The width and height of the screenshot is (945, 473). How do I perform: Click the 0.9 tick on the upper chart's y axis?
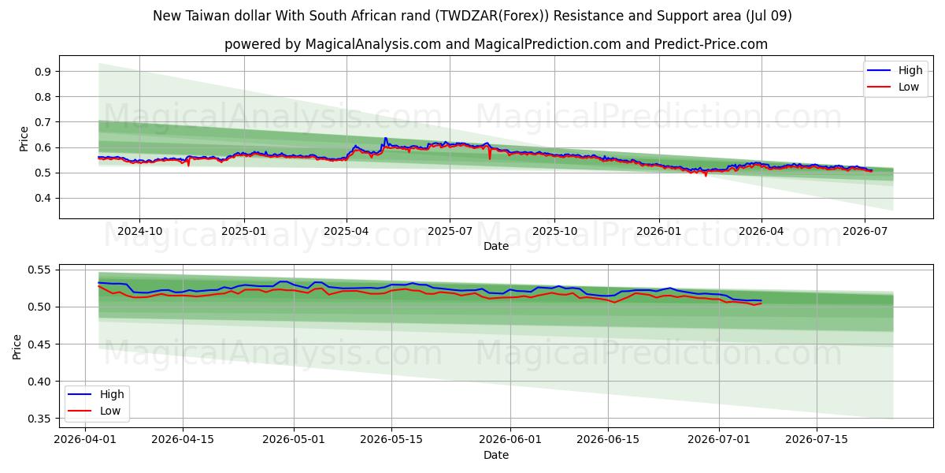(43, 72)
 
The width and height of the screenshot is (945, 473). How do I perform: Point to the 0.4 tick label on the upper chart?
(43, 198)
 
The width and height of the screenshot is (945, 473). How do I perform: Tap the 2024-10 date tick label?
(139, 232)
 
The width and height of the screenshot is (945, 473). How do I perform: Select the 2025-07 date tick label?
(450, 232)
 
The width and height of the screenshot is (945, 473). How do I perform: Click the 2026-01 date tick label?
(659, 232)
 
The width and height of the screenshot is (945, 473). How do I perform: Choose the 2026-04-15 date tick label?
(183, 440)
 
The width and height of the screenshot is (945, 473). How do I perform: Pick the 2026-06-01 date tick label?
(510, 440)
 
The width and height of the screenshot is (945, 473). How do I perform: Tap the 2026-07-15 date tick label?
(817, 440)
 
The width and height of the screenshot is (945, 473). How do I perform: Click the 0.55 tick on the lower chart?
(39, 270)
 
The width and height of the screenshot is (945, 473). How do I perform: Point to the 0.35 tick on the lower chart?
(39, 419)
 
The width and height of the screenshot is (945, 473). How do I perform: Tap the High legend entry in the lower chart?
(96, 394)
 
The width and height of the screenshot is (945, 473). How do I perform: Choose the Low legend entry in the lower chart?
(94, 411)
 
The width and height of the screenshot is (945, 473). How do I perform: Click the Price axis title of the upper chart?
(24, 139)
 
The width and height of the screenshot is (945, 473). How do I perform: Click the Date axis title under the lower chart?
(496, 455)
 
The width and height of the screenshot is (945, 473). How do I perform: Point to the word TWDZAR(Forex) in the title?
(489, 16)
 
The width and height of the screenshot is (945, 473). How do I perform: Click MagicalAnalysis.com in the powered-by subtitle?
(373, 44)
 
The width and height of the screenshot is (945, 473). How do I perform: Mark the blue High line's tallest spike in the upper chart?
(385, 138)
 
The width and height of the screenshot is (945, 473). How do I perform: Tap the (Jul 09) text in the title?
(769, 16)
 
